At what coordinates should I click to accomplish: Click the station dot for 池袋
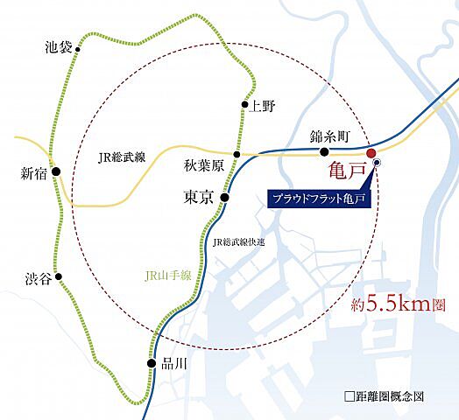tap(78, 51)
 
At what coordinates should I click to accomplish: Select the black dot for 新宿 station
tap(55, 173)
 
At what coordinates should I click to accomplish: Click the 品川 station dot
tap(152, 363)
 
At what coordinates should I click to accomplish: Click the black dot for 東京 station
tap(224, 199)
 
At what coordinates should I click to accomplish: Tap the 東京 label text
tap(199, 199)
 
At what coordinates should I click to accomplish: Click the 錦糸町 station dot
tap(324, 151)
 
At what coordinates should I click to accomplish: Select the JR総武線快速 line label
tap(238, 241)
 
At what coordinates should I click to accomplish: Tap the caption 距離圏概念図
tap(389, 396)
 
